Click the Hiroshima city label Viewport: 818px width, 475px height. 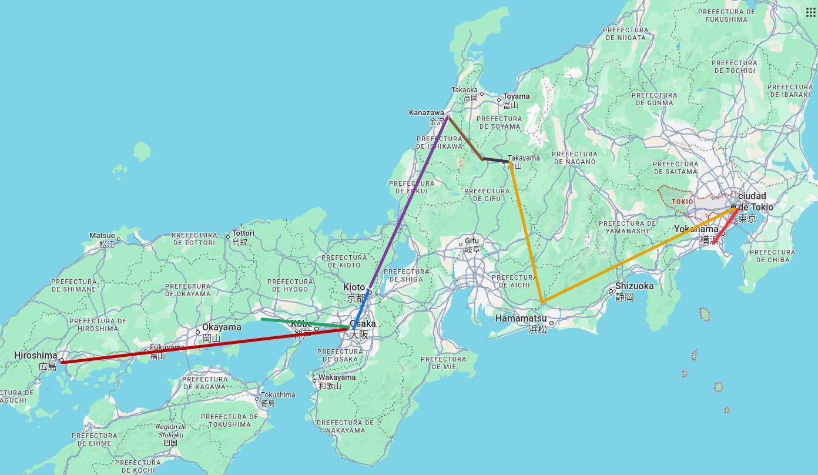coord(36,356)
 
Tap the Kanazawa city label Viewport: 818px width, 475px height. coord(427,113)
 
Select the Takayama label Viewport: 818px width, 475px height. coord(524,158)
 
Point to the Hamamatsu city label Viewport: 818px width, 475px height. coord(521,319)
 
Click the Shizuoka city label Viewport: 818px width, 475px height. coord(634,286)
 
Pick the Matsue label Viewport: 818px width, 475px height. coord(102,236)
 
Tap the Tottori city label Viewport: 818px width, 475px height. coord(243,233)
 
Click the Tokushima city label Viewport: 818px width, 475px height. coord(278,395)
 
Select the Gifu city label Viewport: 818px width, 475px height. coord(472,241)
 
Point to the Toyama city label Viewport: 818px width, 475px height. coord(516,96)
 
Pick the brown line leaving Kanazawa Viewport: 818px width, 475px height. coord(465,138)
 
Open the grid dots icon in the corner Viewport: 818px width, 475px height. coord(811,12)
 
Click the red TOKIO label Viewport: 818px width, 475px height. coord(682,202)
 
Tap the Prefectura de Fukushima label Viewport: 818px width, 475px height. coord(730,15)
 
